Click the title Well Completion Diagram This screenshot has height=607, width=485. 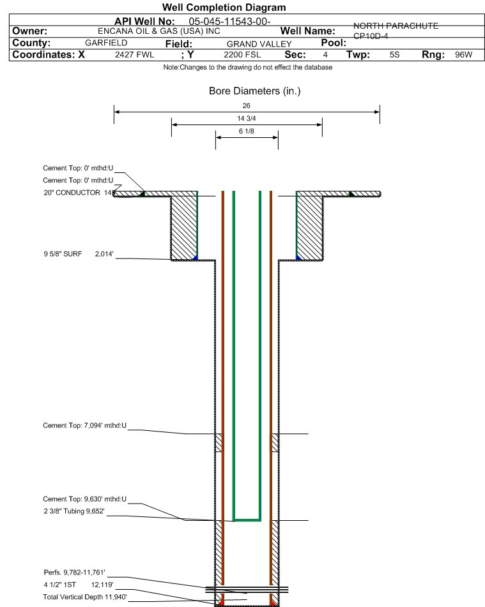pos(224,8)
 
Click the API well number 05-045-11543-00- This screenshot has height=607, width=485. pos(226,21)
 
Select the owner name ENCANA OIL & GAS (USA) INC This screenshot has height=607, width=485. pos(159,31)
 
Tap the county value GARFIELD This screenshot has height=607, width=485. pos(106,43)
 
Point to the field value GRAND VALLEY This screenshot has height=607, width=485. pos(254,43)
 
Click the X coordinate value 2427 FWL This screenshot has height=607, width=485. pos(134,55)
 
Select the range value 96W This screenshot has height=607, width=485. pos(463,55)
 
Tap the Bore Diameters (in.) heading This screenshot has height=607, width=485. pos(254,91)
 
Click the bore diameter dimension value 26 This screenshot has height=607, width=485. pos(247,105)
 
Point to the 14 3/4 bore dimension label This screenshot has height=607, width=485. pos(247,119)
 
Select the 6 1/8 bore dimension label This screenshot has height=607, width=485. pos(247,131)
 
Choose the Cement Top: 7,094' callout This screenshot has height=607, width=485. pos(85,425)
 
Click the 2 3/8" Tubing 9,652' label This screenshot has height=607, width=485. pos(73,511)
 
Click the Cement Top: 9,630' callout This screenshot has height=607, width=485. pos(85,499)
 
